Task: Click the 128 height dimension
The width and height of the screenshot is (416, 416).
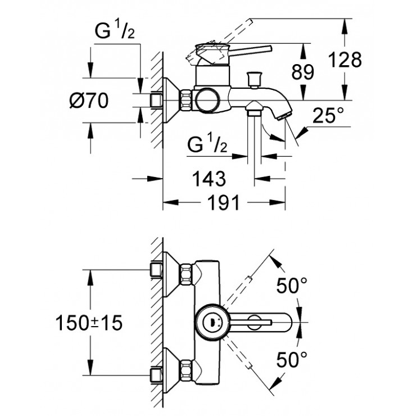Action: point(345,60)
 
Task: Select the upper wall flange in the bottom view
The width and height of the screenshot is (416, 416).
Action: point(169,272)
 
